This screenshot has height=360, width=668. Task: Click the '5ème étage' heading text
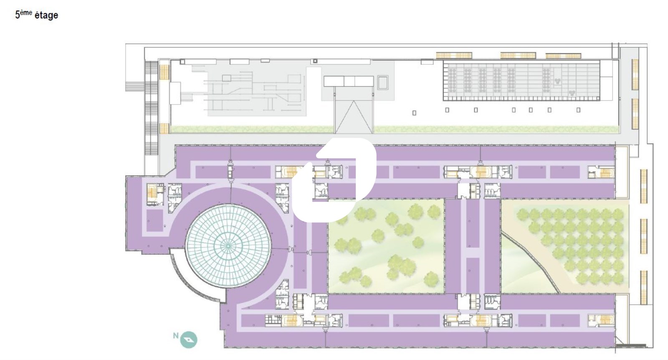37,15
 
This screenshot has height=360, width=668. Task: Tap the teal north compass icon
189,340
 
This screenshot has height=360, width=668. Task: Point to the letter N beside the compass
176,336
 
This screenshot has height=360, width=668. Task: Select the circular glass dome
228,246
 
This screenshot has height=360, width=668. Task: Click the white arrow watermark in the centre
334,180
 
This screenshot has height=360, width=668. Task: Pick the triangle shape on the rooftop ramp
354,117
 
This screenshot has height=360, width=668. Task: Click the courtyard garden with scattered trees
386,246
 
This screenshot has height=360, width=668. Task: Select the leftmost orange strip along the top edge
454,56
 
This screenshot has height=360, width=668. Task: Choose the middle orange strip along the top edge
518,56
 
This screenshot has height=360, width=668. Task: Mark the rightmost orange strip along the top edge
563,56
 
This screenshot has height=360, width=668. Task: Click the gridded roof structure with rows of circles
521,81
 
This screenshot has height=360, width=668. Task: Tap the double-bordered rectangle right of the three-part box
383,83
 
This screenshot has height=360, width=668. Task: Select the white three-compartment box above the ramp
349,81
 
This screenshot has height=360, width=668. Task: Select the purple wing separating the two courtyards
473,246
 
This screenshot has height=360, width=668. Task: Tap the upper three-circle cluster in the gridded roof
557,81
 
